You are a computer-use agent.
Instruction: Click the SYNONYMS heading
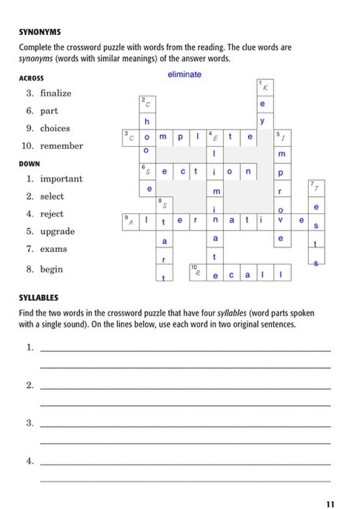pos(39,32)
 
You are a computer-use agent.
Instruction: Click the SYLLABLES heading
pos(39,298)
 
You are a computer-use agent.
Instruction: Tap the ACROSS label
pos(31,78)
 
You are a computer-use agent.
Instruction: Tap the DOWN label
pos(30,164)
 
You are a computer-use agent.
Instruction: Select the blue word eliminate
pos(184,75)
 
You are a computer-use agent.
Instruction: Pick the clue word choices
pos(55,128)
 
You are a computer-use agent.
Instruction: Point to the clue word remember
pos(61,146)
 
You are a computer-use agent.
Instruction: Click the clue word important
pos(61,179)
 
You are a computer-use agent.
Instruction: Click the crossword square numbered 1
pos(263,87)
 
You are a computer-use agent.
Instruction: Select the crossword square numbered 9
pos(130,220)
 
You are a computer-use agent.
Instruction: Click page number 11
pos(330,505)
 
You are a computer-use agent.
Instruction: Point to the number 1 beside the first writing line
pos(30,347)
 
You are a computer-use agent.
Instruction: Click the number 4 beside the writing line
pos(30,461)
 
